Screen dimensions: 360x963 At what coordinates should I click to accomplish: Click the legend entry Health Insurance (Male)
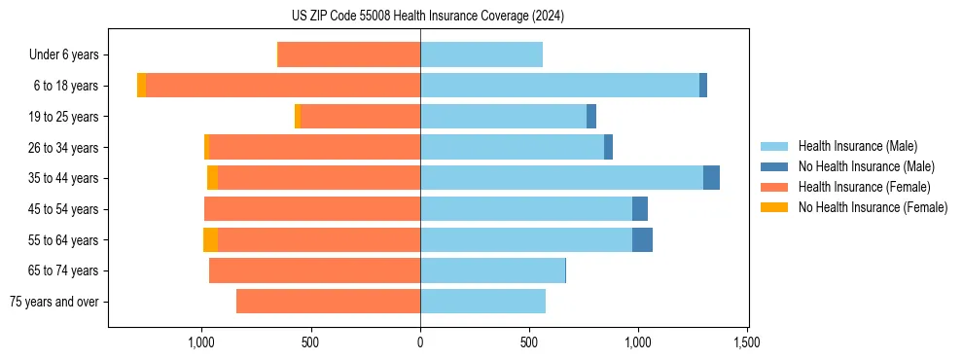857,146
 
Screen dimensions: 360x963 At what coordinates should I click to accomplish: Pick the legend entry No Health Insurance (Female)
873,207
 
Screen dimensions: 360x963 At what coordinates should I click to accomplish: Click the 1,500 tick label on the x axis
747,342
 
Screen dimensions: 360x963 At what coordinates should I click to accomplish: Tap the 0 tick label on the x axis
420,342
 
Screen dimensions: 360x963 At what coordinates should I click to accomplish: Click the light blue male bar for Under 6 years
481,55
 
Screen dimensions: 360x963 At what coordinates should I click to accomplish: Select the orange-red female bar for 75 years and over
328,302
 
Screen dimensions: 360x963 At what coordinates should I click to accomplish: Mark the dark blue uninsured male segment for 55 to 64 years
642,240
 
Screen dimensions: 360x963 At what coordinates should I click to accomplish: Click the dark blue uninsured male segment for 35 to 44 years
711,178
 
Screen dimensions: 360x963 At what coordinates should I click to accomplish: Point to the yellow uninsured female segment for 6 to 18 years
141,86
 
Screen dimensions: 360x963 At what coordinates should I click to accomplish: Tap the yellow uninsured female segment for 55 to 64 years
210,240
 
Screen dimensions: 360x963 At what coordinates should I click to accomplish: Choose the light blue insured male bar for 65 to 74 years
492,270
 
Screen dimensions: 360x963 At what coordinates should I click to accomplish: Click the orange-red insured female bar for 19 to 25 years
360,117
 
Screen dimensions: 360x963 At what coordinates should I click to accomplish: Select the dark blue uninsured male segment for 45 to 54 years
640,209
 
